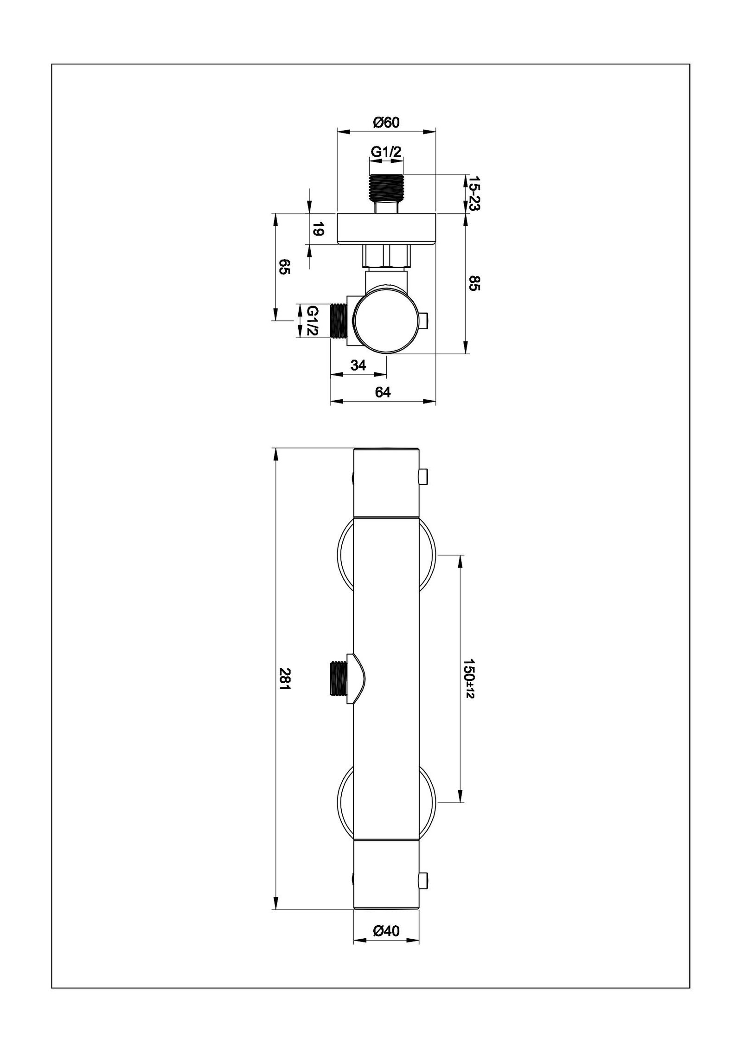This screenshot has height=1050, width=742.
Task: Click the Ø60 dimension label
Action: pos(386,122)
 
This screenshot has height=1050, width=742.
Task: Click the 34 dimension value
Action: pos(358,365)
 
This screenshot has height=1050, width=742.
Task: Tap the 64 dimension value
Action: pos(383,392)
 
